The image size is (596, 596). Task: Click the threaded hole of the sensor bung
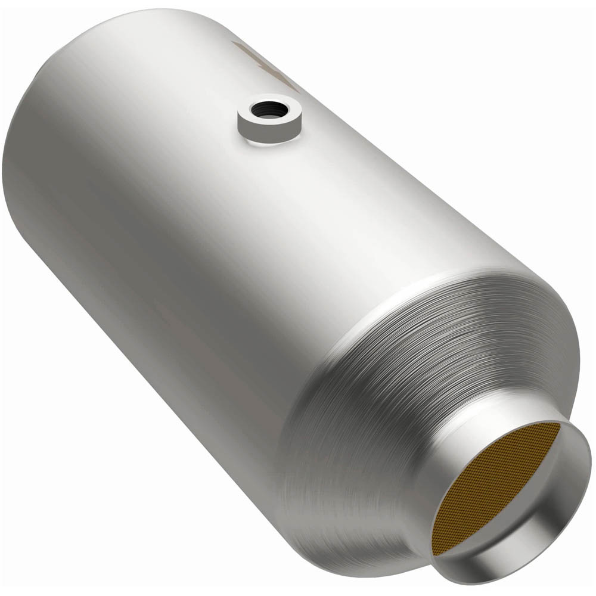[x=269, y=110]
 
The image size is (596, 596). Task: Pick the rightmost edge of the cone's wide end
[x=577, y=358]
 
